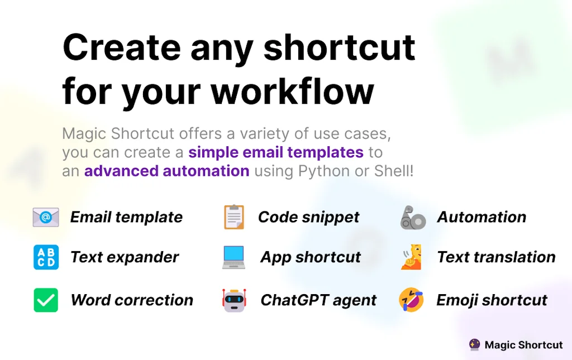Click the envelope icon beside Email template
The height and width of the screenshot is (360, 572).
coord(46,217)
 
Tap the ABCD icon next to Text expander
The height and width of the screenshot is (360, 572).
coord(46,257)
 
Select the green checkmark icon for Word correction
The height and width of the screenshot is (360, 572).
coord(46,300)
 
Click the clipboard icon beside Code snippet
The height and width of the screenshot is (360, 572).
coord(234,217)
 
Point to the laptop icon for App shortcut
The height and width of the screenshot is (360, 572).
coord(233,257)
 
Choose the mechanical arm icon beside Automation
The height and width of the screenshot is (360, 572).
coord(413,218)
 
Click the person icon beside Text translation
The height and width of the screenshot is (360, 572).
coord(411,257)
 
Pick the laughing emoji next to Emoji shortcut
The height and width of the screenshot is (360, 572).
coord(411,300)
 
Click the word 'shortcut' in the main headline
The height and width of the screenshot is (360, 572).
coord(339,47)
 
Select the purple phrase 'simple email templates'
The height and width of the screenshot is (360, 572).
coord(276,152)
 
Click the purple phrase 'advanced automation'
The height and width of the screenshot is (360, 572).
coord(166,171)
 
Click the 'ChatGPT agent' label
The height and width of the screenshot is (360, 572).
coord(318,300)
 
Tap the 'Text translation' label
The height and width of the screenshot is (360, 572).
coord(496,257)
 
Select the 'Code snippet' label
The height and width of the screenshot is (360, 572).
coord(309,217)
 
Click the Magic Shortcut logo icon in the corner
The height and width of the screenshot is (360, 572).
coord(474,345)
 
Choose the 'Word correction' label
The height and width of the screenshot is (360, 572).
coord(132,300)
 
